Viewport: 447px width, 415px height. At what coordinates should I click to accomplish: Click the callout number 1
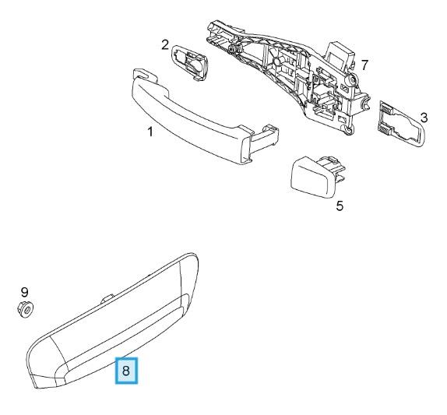click(x=150, y=132)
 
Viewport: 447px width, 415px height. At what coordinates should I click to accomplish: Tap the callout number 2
click(x=165, y=44)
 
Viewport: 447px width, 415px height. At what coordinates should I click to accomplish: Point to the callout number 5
click(x=339, y=206)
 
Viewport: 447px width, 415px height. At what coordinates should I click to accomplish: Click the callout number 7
click(x=364, y=64)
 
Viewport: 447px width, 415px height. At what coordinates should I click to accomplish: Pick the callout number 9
click(x=23, y=292)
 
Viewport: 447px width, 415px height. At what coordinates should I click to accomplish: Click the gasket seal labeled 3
click(x=399, y=125)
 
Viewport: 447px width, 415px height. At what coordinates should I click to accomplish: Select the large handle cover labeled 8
click(x=117, y=327)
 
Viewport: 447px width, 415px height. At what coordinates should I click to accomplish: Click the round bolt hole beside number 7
click(x=352, y=79)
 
